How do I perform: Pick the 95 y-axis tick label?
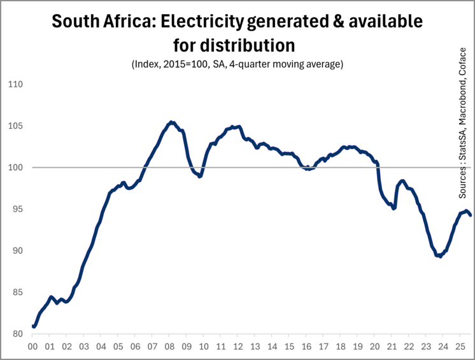pos(15,209)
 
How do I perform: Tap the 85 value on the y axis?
pos(15,292)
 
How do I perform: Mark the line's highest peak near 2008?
pos(171,122)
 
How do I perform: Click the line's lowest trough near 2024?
pos(439,256)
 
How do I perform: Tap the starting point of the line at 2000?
pos(33,326)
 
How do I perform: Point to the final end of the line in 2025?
pos(471,215)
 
